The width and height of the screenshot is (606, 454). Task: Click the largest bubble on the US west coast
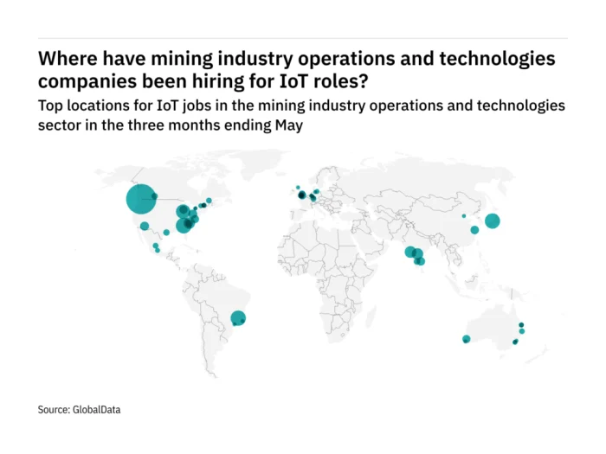click(140, 200)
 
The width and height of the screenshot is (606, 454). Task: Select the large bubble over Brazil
click(238, 318)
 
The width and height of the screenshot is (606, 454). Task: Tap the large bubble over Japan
click(492, 221)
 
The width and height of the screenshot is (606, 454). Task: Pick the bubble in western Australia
click(466, 339)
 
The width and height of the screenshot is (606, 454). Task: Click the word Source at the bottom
click(53, 409)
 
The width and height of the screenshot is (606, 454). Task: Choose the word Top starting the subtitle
click(50, 105)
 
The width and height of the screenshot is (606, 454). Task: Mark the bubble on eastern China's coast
click(474, 230)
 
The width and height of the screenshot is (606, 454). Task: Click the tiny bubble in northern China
click(463, 215)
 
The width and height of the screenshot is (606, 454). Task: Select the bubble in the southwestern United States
click(145, 226)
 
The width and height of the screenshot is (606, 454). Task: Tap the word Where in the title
click(67, 60)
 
